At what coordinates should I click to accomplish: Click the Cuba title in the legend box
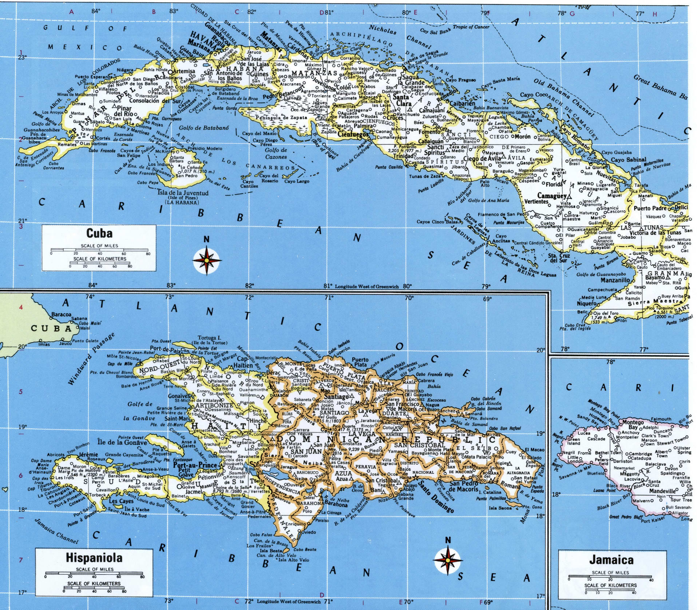[99, 233]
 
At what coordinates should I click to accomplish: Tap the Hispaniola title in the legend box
[94, 558]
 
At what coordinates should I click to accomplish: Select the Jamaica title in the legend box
[611, 560]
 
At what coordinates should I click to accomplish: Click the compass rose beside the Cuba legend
[207, 260]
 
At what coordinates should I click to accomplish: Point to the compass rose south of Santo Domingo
[448, 561]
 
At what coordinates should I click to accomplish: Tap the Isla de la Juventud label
[183, 193]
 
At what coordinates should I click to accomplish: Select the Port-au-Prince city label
[195, 465]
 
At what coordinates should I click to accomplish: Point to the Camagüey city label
[551, 196]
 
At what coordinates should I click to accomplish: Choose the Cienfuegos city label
[353, 134]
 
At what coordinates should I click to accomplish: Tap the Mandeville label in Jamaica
[662, 491]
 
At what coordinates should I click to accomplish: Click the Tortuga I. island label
[209, 338]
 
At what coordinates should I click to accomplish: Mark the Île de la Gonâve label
[122, 442]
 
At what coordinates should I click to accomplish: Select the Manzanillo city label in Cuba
[615, 280]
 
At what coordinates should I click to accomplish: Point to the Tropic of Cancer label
[471, 27]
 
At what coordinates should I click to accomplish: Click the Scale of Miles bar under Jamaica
[610, 577]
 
